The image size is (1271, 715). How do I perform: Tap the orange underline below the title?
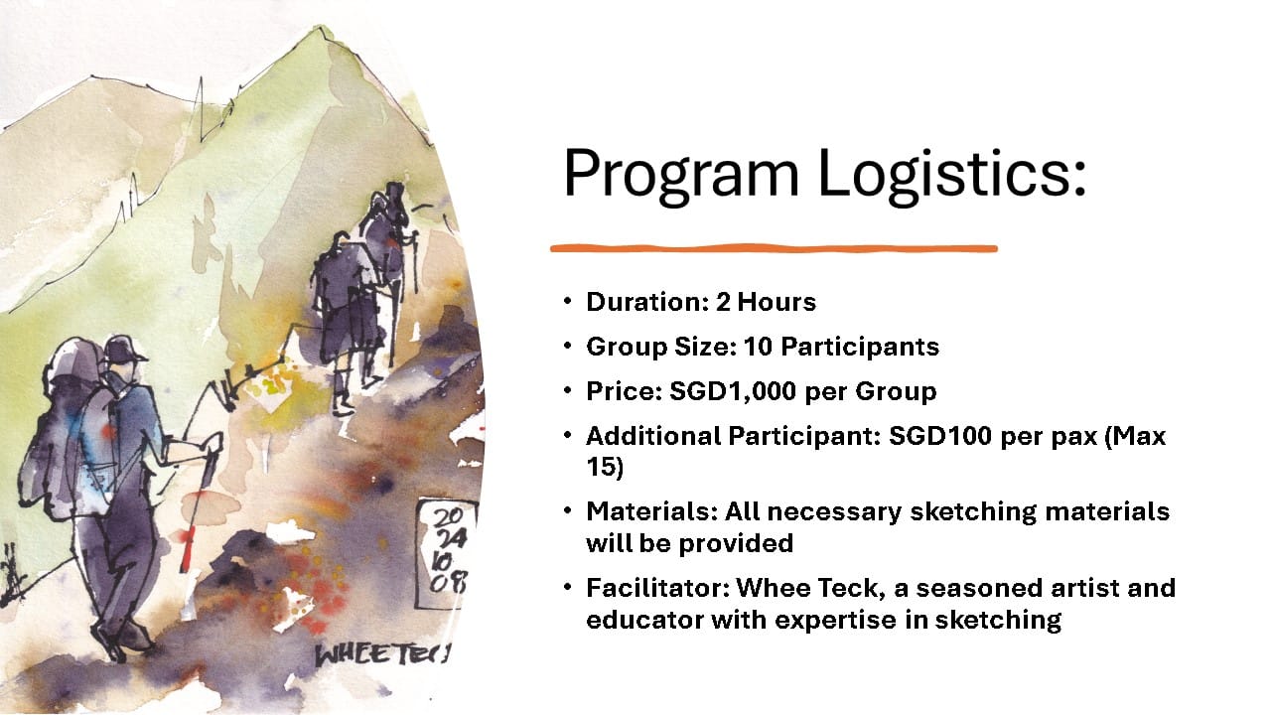point(774,248)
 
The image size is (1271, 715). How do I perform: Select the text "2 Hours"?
point(766,302)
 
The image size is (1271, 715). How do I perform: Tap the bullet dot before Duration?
point(568,301)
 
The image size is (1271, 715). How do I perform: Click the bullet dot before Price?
point(568,390)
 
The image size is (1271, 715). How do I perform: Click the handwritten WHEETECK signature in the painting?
point(382,654)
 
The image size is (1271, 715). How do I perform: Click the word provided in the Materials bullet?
point(736,543)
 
